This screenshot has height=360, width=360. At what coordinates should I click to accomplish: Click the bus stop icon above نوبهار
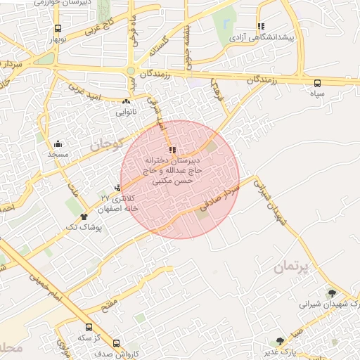pos(56,29)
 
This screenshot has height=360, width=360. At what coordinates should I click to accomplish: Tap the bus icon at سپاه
pos(318,82)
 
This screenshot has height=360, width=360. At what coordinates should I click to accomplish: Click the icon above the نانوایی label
pos(126,102)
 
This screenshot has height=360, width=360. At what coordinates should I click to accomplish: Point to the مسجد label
pos(58,153)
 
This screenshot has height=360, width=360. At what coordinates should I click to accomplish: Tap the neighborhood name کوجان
pos(106,144)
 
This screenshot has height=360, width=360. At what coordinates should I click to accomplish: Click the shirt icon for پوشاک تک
pos(84,217)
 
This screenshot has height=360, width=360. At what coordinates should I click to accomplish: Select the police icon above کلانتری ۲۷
pos(117,188)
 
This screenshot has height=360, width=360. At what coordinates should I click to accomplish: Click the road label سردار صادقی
pos(221,196)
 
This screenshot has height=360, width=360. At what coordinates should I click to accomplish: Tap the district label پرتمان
pos(289,267)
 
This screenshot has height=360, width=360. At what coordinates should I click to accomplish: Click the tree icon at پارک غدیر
pos(280,341)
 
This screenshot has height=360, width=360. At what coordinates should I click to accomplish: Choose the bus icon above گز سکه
pos(89,327)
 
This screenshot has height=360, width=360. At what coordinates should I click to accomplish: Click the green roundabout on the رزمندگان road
pos(131,71)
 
